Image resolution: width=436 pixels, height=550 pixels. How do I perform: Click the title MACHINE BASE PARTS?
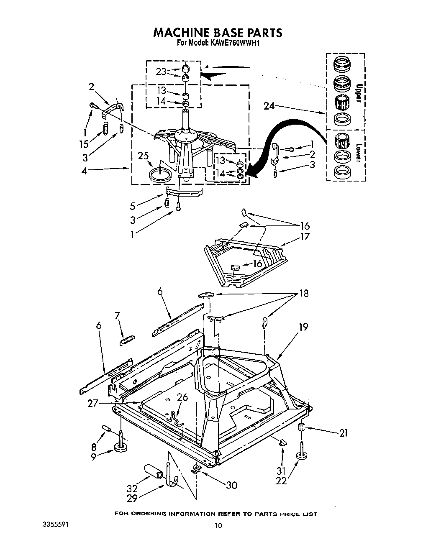218,32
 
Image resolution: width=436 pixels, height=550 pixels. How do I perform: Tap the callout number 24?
269,106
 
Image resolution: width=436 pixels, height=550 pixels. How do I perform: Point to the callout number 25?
144,156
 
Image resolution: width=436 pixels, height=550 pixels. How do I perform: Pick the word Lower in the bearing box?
358,153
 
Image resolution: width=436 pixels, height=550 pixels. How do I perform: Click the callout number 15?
85,144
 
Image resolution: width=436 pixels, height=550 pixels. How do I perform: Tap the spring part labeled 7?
126,341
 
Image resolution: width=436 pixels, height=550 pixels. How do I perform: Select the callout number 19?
303,327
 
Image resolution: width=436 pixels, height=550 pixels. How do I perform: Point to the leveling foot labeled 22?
300,455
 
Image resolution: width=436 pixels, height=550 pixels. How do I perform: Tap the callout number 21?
343,433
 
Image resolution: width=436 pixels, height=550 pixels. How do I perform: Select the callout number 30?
231,485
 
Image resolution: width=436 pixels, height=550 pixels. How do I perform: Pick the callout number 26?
182,397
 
